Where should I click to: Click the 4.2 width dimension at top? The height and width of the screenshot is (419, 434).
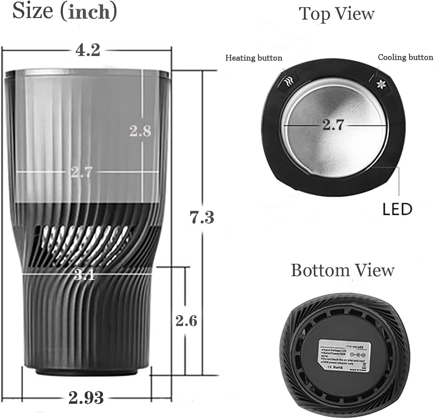pyautogui.click(x=87, y=50)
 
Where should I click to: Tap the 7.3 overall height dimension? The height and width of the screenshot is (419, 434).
pyautogui.click(x=202, y=217)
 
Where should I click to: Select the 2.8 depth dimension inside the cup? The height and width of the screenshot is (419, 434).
pyautogui.click(x=140, y=131)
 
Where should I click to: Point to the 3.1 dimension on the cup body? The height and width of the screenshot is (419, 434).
pyautogui.click(x=85, y=275)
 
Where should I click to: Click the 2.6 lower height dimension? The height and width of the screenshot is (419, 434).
pyautogui.click(x=186, y=321)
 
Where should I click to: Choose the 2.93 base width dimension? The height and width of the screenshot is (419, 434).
pyautogui.click(x=86, y=398)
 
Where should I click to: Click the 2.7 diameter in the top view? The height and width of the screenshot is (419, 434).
pyautogui.click(x=333, y=125)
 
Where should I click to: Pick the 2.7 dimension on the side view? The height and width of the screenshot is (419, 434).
pyautogui.click(x=82, y=172)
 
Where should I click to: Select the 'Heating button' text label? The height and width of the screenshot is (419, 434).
pyautogui.click(x=254, y=58)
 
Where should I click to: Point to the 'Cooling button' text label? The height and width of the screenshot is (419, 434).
pyautogui.click(x=405, y=57)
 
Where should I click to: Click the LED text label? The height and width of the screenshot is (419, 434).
pyautogui.click(x=397, y=209)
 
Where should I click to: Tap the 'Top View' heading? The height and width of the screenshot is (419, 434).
pyautogui.click(x=337, y=14)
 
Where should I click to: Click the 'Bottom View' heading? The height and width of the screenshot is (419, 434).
pyautogui.click(x=342, y=270)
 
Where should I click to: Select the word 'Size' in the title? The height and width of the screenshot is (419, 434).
pyautogui.click(x=33, y=11)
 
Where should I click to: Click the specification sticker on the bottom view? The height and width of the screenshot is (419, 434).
pyautogui.click(x=342, y=355)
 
